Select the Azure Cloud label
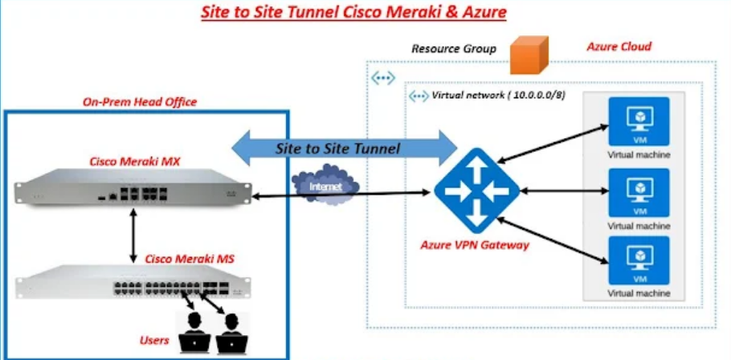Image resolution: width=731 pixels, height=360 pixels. [619, 47]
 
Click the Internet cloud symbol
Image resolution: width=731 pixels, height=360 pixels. [325, 186]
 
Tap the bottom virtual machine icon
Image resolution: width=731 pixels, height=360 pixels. [639, 260]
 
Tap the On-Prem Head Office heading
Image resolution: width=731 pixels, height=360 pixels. [140, 102]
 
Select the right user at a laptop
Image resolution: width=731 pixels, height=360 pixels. [231, 332]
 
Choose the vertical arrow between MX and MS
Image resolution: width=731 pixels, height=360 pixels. [133, 238]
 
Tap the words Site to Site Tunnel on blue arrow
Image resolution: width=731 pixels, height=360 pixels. [337, 148]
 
